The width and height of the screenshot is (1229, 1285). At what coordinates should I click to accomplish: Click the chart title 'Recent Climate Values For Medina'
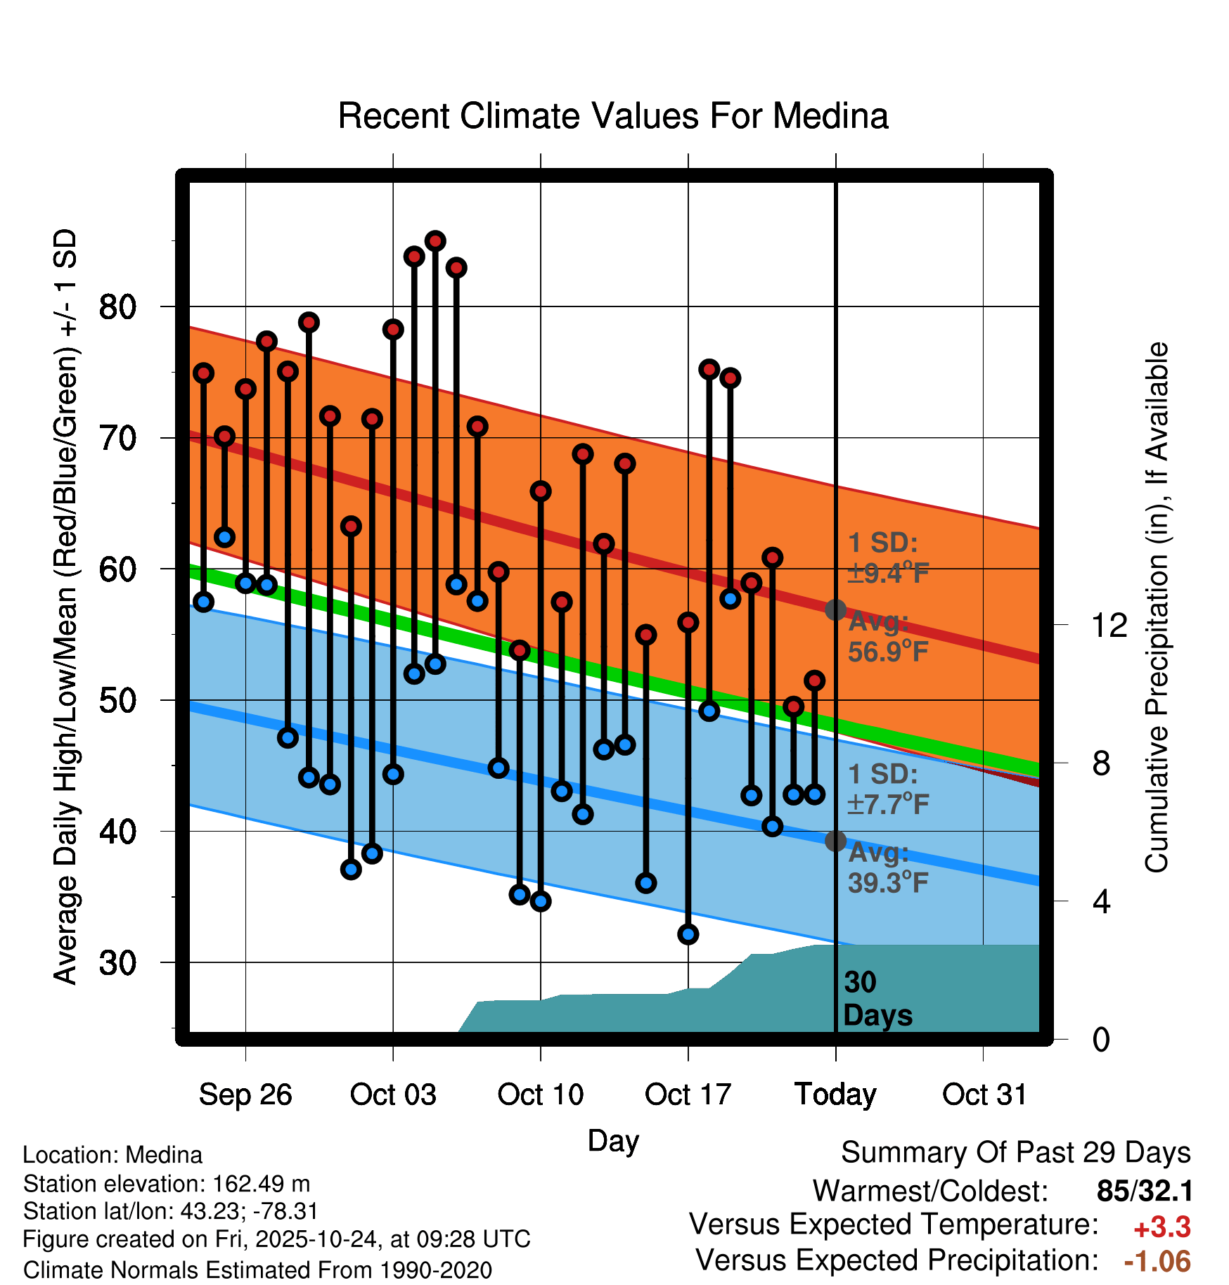tap(613, 117)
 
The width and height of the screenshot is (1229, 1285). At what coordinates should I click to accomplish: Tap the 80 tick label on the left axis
tap(117, 307)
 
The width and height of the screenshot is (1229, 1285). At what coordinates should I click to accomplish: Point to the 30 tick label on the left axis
tap(117, 963)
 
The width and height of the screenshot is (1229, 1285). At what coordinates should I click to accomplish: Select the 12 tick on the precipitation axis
tap(1109, 625)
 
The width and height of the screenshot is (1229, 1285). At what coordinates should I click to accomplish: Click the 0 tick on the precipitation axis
tap(1101, 1039)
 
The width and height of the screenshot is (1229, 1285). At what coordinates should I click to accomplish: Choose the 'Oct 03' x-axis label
tap(393, 1094)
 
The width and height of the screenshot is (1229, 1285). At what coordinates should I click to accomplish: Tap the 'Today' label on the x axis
tap(835, 1094)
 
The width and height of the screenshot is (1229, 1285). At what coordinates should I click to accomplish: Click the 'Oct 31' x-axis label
tap(984, 1094)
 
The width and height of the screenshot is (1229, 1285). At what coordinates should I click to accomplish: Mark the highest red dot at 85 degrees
tap(435, 241)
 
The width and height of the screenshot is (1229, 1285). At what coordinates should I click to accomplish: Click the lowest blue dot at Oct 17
tap(688, 934)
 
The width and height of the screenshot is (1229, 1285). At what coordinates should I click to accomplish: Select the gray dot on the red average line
tap(835, 609)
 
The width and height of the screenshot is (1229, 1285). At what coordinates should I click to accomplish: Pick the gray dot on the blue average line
tap(835, 841)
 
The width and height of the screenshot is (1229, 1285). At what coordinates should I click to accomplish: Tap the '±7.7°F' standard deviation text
tap(888, 804)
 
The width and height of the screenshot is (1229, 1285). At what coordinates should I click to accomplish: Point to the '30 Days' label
tap(877, 999)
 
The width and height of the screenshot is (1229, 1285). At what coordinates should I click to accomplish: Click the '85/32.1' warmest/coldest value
tap(1145, 1191)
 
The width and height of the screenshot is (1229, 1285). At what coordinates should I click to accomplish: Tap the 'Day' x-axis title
tap(613, 1140)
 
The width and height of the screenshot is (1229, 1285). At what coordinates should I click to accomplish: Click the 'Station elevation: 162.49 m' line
tap(167, 1184)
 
